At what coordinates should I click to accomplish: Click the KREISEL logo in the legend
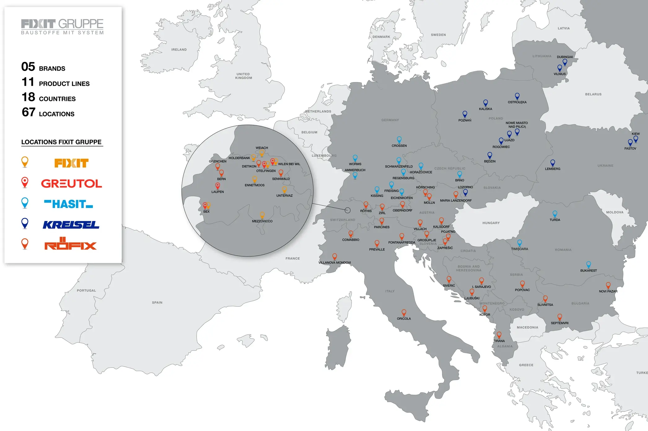(71, 225)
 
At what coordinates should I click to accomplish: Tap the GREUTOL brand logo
(72, 183)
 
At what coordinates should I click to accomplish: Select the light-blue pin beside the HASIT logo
(25, 202)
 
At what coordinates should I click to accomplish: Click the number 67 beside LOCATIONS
(28, 112)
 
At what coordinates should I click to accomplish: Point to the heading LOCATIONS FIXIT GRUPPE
(61, 142)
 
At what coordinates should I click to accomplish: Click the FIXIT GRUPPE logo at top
(62, 27)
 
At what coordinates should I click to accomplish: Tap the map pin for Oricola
(404, 312)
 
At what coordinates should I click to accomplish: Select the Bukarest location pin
(589, 264)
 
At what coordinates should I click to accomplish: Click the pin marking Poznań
(465, 114)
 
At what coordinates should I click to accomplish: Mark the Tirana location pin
(499, 335)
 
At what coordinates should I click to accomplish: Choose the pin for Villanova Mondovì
(335, 256)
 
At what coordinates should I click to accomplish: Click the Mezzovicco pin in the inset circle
(262, 215)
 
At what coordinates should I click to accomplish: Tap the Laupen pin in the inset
(218, 185)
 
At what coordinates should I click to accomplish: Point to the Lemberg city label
(553, 169)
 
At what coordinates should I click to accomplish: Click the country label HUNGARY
(491, 223)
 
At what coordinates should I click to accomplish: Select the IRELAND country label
(179, 50)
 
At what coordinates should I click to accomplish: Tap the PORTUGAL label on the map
(86, 290)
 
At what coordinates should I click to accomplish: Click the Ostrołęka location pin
(517, 96)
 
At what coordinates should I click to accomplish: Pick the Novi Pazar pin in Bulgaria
(608, 285)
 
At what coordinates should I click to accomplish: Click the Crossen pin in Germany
(399, 140)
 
